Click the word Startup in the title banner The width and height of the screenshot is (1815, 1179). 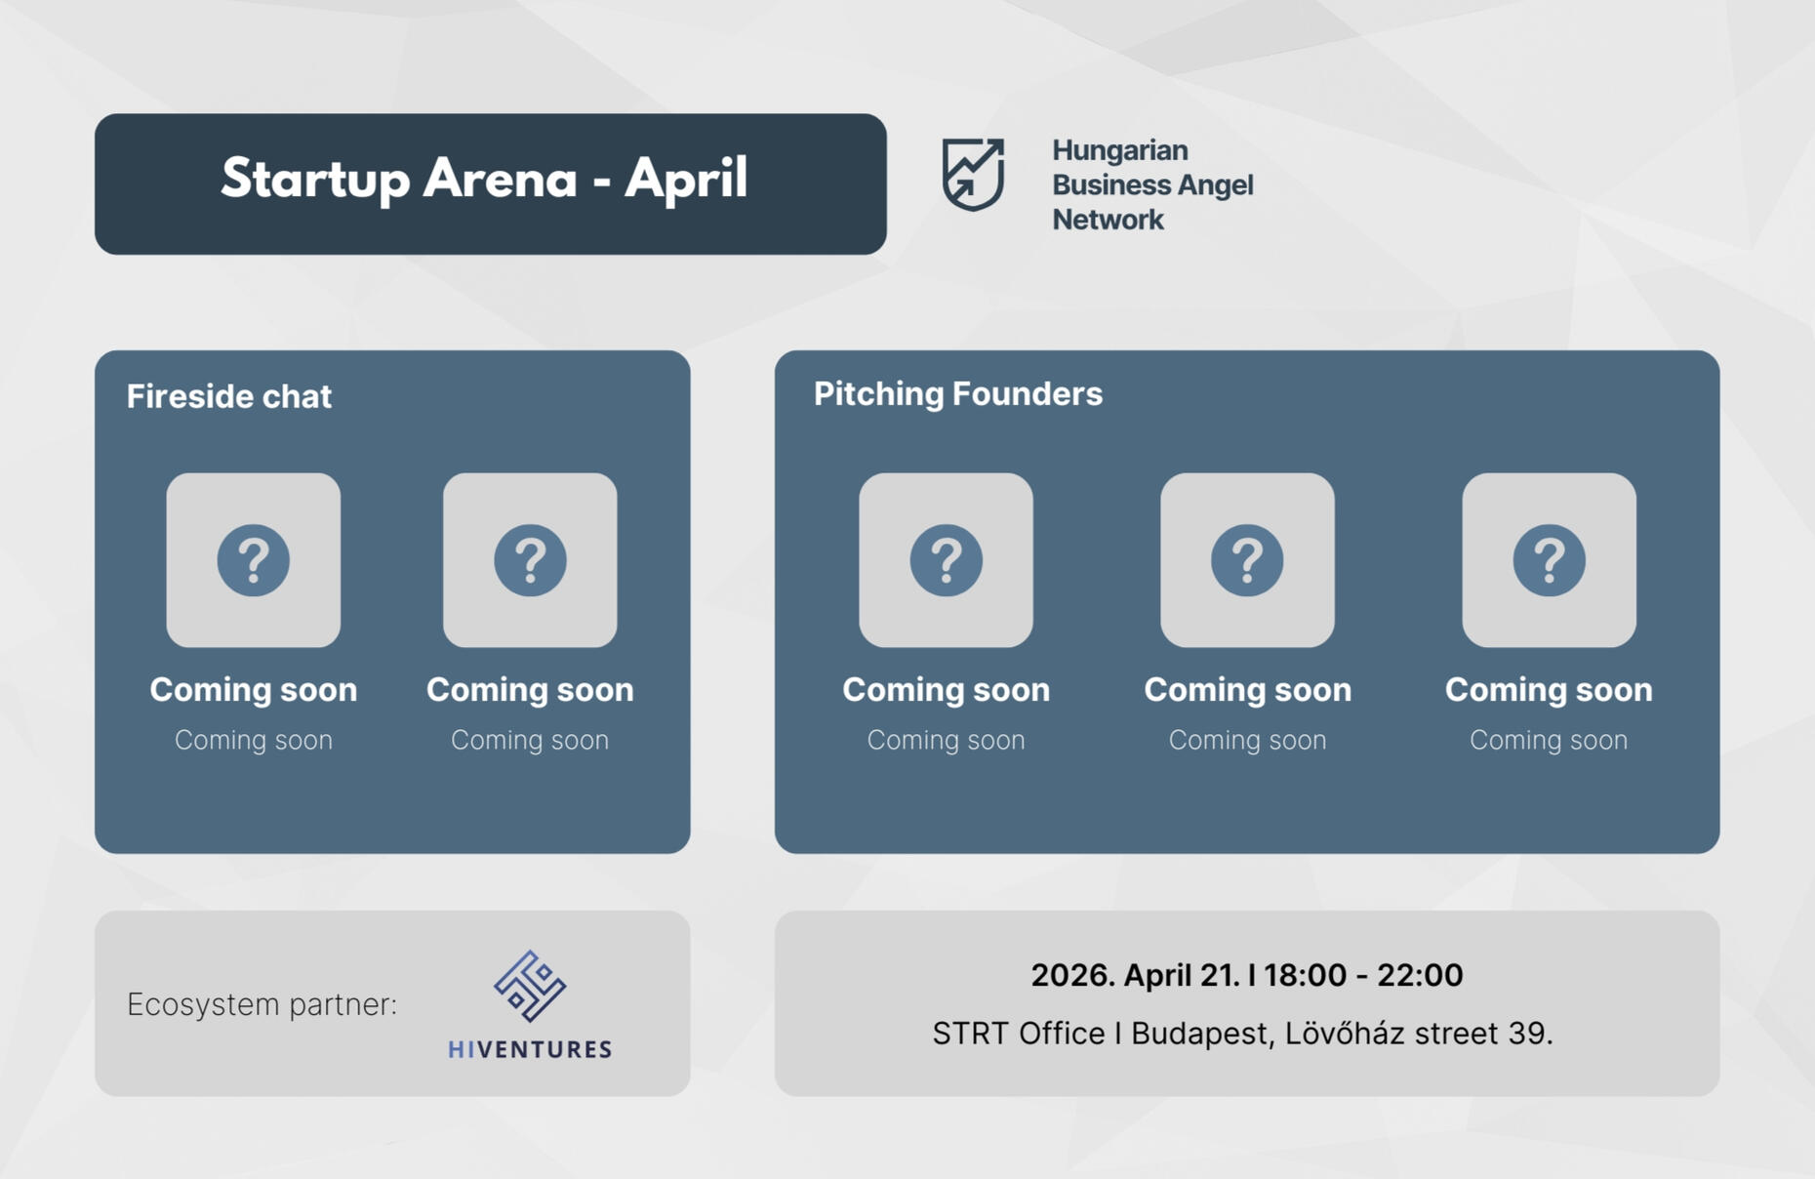click(316, 180)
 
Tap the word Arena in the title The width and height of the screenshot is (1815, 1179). click(501, 178)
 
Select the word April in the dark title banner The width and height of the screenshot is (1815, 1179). click(686, 180)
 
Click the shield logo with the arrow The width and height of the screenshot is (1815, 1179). click(973, 175)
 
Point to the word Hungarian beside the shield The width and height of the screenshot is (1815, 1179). click(1119, 150)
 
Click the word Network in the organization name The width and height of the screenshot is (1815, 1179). click(1108, 220)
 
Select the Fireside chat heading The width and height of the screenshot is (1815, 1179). click(229, 396)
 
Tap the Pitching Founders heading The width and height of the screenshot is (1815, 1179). click(958, 393)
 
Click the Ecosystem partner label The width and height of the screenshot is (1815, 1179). click(262, 1004)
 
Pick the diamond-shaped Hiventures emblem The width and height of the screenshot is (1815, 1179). click(530, 986)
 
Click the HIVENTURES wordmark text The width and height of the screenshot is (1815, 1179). click(530, 1049)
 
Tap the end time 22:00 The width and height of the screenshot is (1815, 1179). click(1420, 975)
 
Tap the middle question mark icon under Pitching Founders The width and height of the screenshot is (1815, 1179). click(1247, 560)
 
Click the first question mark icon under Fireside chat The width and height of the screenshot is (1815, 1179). click(254, 560)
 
